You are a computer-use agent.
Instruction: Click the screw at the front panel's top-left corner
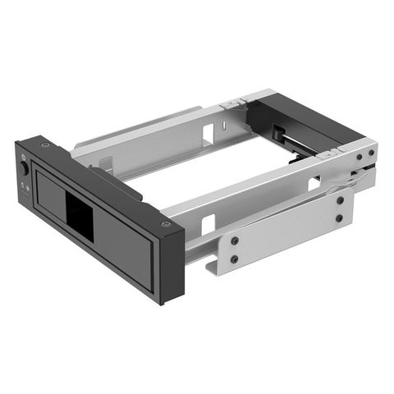(x=44, y=145)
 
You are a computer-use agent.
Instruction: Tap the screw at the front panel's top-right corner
(x=167, y=223)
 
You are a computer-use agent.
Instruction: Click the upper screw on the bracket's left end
(x=234, y=241)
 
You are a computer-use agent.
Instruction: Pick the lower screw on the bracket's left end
(x=234, y=259)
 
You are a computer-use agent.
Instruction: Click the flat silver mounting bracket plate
(x=287, y=234)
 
